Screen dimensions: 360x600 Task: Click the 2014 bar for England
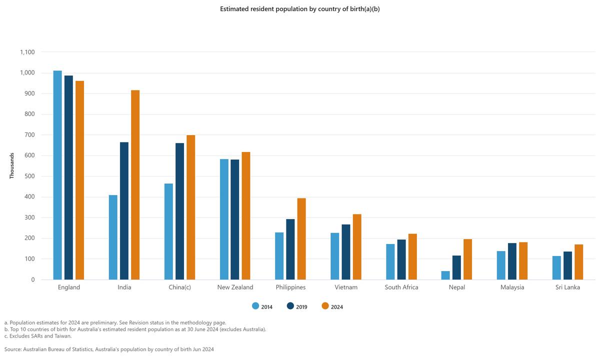(x=57, y=175)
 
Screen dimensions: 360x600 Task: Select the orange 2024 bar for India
(x=135, y=185)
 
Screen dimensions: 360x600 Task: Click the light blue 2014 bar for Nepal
(x=445, y=275)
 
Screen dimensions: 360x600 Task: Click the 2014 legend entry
(x=262, y=307)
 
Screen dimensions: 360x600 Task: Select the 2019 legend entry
(x=297, y=307)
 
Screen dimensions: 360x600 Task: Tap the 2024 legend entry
(x=332, y=307)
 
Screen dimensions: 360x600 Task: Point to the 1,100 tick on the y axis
(x=27, y=52)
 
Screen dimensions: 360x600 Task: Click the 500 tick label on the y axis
(x=30, y=176)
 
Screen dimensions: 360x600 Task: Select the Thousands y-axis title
(x=11, y=165)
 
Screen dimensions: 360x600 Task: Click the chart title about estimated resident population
(x=300, y=9)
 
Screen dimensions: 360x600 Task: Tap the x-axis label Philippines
(x=290, y=287)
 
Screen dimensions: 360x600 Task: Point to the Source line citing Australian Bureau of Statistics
(x=109, y=349)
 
